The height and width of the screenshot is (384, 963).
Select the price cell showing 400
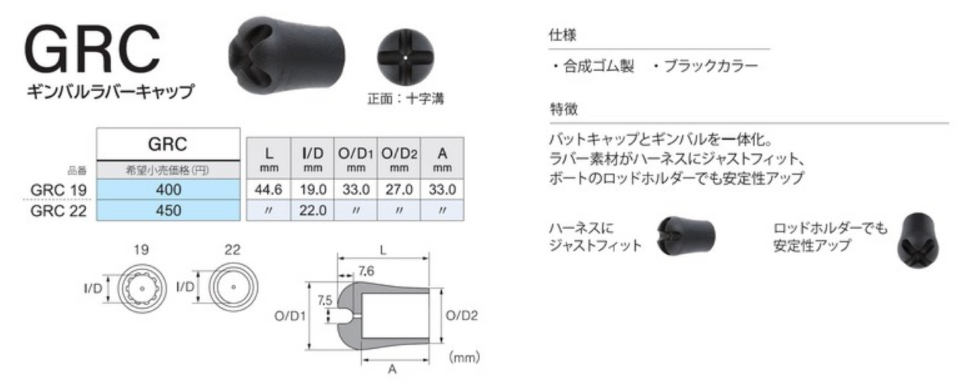pos(168,189)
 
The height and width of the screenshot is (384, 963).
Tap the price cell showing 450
pos(168,211)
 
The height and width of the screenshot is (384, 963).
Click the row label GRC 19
pos(59,190)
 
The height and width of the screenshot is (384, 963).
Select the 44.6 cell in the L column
pos(269,189)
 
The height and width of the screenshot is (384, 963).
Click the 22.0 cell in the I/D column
pos(313,211)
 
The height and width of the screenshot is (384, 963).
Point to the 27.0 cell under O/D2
pos(399,189)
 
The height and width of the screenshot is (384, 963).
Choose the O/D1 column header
pos(355,159)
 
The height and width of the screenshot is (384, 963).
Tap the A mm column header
pos(443,159)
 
